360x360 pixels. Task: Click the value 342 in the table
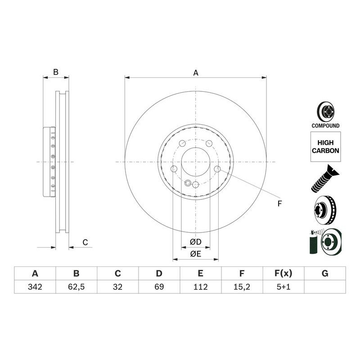(x=35, y=287)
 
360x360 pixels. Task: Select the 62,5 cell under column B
(x=76, y=287)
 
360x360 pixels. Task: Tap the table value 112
(x=200, y=287)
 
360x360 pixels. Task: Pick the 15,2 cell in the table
(x=242, y=287)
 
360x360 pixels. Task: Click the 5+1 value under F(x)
(x=283, y=287)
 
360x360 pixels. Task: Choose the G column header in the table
(x=325, y=274)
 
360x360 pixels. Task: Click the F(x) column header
(x=283, y=274)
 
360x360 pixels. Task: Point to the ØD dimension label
(x=196, y=242)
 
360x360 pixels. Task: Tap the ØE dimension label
(x=196, y=254)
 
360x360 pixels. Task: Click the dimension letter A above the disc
(x=196, y=73)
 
